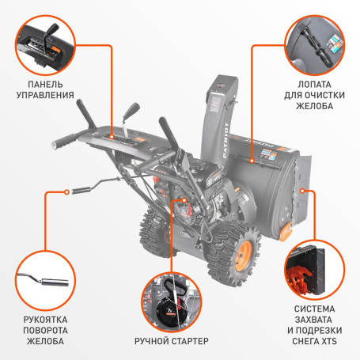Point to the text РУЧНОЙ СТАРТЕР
coord(172,341)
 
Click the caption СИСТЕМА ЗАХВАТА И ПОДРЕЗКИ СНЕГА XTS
coord(318,324)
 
